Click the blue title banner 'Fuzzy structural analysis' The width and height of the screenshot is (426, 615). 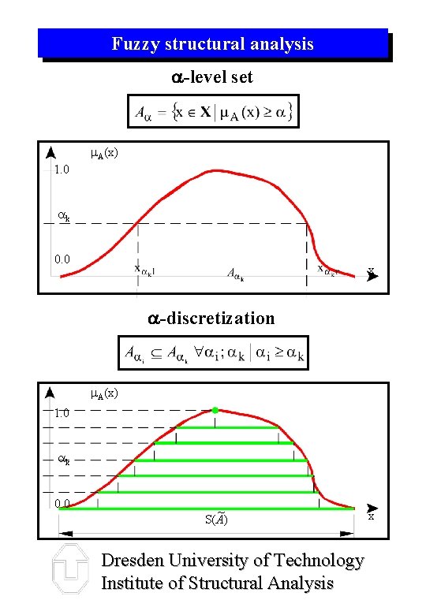(212, 43)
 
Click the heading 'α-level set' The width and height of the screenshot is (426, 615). (212, 77)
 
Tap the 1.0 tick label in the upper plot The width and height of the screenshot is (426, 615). (61, 170)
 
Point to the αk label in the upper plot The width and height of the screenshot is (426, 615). (64, 214)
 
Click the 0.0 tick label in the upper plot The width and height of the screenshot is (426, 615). (62, 259)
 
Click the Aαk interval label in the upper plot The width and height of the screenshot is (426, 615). (235, 275)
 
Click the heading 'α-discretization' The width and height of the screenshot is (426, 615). (212, 318)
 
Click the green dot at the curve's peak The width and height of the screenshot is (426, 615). (215, 410)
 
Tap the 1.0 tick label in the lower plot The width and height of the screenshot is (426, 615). (62, 412)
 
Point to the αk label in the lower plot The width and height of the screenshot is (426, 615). (64, 458)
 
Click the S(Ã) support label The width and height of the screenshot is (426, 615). (216, 518)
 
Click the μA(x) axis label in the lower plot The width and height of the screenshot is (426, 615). (104, 393)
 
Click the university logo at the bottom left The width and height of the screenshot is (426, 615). (69, 570)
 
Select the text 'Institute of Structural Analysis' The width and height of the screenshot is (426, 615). (217, 583)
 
